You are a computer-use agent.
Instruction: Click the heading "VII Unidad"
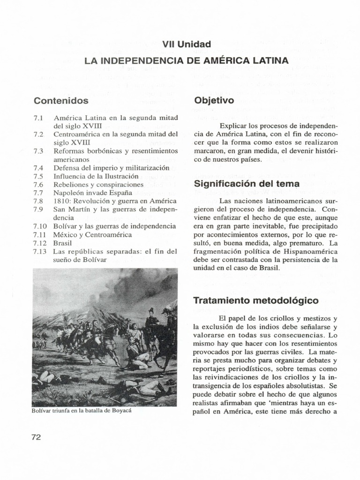(187, 44)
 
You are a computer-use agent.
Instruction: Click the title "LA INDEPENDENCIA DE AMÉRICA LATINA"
(187, 61)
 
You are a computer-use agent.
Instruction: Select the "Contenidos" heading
(61, 100)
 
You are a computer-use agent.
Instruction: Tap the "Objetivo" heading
(214, 100)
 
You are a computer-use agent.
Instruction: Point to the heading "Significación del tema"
(247, 184)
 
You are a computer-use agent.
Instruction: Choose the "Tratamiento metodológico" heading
(256, 300)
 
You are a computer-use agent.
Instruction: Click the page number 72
(37, 437)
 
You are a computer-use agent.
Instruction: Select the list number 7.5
(38, 176)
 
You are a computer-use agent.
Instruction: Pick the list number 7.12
(40, 243)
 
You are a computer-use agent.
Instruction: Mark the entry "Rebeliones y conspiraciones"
(98, 185)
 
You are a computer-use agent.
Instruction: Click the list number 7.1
(38, 118)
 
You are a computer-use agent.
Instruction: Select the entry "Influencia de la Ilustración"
(96, 176)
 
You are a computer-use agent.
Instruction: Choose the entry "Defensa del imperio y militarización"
(111, 168)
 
